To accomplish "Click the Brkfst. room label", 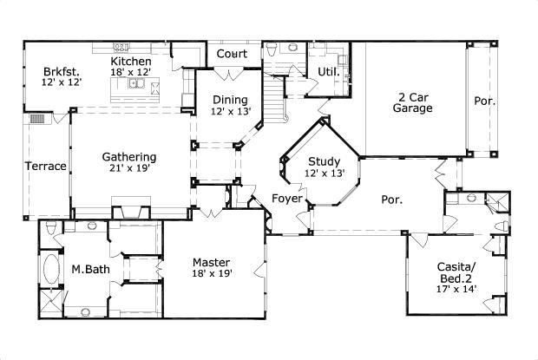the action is tap(62, 72).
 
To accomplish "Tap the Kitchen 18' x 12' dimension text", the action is tap(131, 72).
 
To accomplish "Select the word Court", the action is tap(232, 54).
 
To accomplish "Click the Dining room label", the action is tap(230, 100).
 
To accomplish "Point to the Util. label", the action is tap(328, 72).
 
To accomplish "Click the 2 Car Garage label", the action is tap(413, 102).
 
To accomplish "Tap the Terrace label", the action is tap(46, 167).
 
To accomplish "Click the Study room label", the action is tap(324, 161).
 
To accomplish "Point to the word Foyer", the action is tap(287, 198).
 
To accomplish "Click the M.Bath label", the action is tap(90, 269).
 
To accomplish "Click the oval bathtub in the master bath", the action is tap(51, 268).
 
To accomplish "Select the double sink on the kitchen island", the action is tap(136, 83).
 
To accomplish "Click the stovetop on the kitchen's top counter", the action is tap(121, 47).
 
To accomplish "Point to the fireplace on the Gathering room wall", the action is tap(131, 208).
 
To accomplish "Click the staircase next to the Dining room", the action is tap(274, 98).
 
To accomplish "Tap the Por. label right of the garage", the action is tap(484, 101).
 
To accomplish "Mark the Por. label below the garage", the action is tap(392, 200).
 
